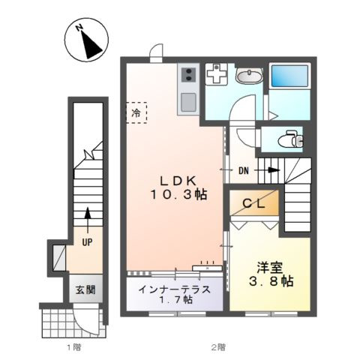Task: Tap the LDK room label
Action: pyautogui.click(x=177, y=180)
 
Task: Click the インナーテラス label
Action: pyautogui.click(x=174, y=289)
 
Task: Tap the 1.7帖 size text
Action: pyautogui.click(x=174, y=300)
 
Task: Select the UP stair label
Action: pyautogui.click(x=88, y=243)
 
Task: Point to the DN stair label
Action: pyautogui.click(x=244, y=170)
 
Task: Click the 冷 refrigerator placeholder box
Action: pyautogui.click(x=136, y=112)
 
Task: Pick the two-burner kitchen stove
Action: pyautogui.click(x=187, y=74)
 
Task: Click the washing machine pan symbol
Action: pyautogui.click(x=217, y=74)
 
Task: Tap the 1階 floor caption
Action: pyautogui.click(x=73, y=346)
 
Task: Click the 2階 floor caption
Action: pyautogui.click(x=217, y=346)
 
